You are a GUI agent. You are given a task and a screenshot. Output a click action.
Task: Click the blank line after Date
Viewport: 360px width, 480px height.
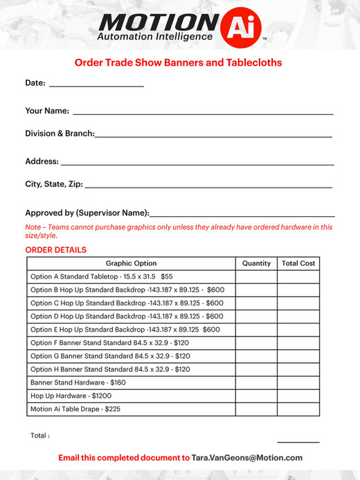tap(96, 85)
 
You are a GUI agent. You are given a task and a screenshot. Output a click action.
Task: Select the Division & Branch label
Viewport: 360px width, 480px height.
tap(60, 133)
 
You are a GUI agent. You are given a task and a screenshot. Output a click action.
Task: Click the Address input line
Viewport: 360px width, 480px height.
tap(197, 163)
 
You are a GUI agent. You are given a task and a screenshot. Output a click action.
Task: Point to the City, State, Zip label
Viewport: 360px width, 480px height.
tap(54, 184)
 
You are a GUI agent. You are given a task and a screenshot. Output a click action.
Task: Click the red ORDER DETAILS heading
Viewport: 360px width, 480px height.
tap(56, 250)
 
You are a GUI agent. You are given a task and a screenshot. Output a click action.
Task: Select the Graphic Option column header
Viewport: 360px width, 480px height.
tap(131, 263)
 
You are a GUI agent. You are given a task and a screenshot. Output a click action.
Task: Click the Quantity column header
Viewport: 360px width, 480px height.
tap(256, 263)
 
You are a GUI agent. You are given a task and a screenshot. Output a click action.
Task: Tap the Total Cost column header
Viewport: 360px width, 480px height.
tap(298, 263)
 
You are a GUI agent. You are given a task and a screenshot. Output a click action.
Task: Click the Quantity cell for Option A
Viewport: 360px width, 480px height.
tap(256, 276)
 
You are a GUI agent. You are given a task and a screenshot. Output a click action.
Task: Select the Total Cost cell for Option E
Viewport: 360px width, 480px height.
tap(298, 329)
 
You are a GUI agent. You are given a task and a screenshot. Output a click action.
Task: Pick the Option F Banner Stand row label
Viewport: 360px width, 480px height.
tap(110, 342)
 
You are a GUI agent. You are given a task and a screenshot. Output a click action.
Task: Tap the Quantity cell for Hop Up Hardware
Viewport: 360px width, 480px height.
tap(256, 395)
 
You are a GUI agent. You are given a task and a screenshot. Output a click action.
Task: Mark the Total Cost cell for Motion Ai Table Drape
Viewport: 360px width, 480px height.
tap(298, 409)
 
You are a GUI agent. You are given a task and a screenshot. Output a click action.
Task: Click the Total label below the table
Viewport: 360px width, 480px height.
tap(40, 436)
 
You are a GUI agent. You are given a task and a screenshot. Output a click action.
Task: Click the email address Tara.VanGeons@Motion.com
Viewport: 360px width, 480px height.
tap(247, 458)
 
